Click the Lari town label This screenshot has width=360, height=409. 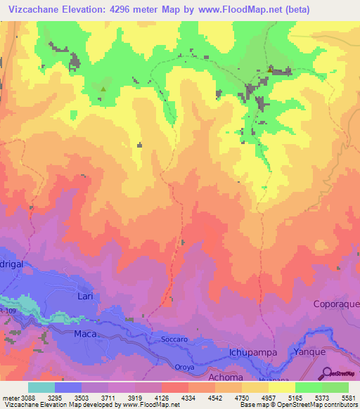84,297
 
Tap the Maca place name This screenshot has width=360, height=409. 84,334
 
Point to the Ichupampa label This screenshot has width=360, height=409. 255,352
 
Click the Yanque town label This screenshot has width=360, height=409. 310,353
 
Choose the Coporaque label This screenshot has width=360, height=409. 336,304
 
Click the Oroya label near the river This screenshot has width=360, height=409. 185,367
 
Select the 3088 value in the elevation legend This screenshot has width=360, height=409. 23,398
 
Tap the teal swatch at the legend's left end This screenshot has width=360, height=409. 41,387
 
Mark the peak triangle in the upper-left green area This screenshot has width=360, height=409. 104,89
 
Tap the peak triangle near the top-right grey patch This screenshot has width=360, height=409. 270,69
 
